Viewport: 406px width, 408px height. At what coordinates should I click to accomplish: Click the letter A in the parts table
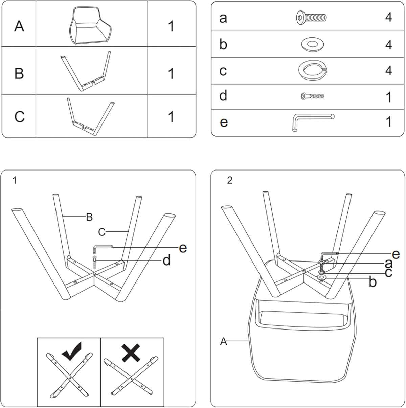pyautogui.click(x=19, y=27)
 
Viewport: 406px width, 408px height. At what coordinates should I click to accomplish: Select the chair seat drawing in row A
pyautogui.click(x=90, y=26)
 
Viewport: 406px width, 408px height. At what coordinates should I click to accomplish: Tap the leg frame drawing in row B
pyautogui.click(x=86, y=72)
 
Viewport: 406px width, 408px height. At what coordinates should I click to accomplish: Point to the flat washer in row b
pyautogui.click(x=312, y=44)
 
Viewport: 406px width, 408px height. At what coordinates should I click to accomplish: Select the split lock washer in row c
pyautogui.click(x=312, y=70)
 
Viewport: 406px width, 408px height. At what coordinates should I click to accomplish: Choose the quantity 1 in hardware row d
pyautogui.click(x=388, y=97)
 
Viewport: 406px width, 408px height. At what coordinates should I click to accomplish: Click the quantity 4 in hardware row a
pyautogui.click(x=388, y=17)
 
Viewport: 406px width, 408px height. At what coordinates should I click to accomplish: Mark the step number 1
pyautogui.click(x=15, y=180)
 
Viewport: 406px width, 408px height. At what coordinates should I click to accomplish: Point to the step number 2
pyautogui.click(x=230, y=180)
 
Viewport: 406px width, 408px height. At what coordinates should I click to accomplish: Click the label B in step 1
pyautogui.click(x=89, y=217)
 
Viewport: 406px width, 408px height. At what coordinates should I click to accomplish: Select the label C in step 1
pyautogui.click(x=101, y=232)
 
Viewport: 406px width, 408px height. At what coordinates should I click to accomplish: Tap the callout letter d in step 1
pyautogui.click(x=167, y=260)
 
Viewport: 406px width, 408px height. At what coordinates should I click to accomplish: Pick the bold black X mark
pyautogui.click(x=131, y=353)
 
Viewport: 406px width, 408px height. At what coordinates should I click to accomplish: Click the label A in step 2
pyautogui.click(x=223, y=341)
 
